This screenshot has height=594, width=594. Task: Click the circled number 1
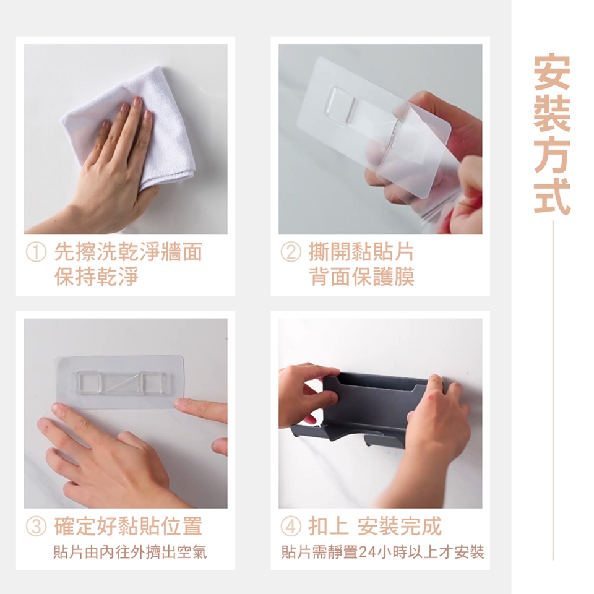[36, 252]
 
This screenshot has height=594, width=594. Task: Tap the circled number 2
[291, 252]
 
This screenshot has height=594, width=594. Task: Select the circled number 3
[36, 527]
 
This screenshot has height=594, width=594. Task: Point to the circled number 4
[291, 527]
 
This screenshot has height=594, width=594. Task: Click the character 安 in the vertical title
[552, 74]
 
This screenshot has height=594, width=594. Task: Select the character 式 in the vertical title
[552, 196]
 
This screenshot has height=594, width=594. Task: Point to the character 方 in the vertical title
[552, 155]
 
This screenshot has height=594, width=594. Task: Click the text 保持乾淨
[97, 277]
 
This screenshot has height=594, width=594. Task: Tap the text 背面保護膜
[362, 277]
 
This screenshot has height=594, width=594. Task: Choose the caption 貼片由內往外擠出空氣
[130, 553]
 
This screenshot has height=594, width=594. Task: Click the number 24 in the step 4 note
[366, 553]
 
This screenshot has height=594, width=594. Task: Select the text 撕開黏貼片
[362, 252]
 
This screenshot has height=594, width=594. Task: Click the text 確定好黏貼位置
[128, 526]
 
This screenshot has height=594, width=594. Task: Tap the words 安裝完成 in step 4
[399, 526]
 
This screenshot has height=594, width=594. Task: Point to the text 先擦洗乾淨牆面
[128, 252]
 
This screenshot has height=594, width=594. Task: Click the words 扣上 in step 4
[329, 526]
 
